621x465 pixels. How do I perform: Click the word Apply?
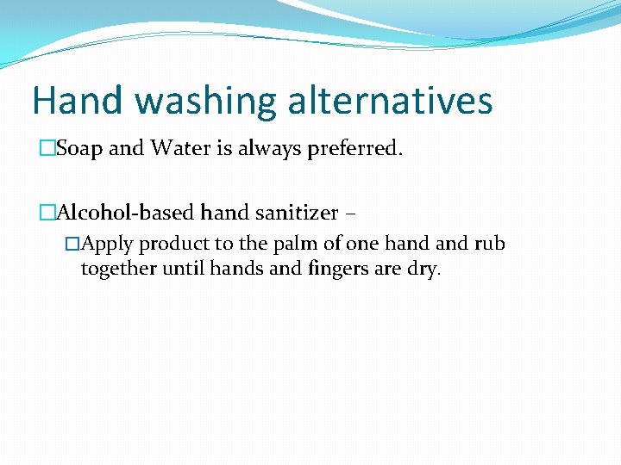108,245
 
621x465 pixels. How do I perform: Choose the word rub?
490,244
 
